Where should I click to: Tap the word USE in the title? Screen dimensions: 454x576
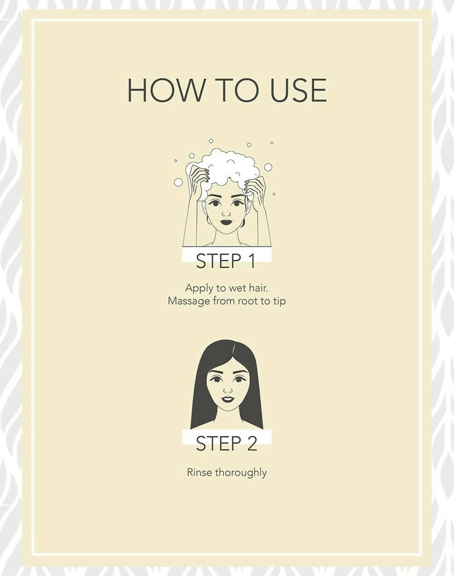point(298,90)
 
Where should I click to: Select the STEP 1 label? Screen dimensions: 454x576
point(226,261)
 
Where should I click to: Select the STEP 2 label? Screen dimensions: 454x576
point(227,444)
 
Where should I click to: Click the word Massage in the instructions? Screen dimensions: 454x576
point(189,302)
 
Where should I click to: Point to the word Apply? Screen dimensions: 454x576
point(199,289)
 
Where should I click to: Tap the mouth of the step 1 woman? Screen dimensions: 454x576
point(226,222)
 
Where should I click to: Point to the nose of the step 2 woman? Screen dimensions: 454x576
point(227,390)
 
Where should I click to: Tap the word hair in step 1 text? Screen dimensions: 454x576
point(259,288)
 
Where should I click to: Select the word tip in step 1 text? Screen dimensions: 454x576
point(280,302)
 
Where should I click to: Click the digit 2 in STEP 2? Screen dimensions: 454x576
point(251,444)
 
